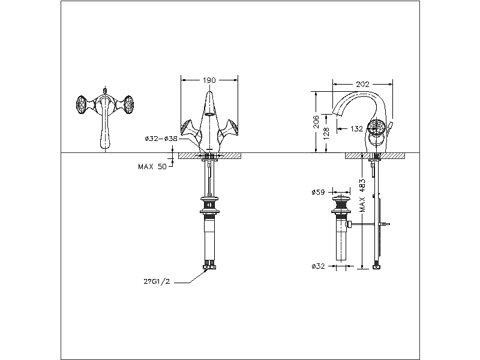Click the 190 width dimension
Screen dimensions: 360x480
209,79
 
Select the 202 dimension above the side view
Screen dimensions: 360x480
362,85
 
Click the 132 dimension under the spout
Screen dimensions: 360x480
356,128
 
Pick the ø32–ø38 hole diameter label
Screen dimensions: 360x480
161,138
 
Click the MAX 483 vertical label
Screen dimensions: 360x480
363,194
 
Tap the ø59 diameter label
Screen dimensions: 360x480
318,193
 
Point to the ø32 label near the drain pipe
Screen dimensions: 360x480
318,266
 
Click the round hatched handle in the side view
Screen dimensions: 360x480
376,128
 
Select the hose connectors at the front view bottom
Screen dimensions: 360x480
209,263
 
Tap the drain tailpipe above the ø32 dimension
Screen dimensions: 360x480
341,243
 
